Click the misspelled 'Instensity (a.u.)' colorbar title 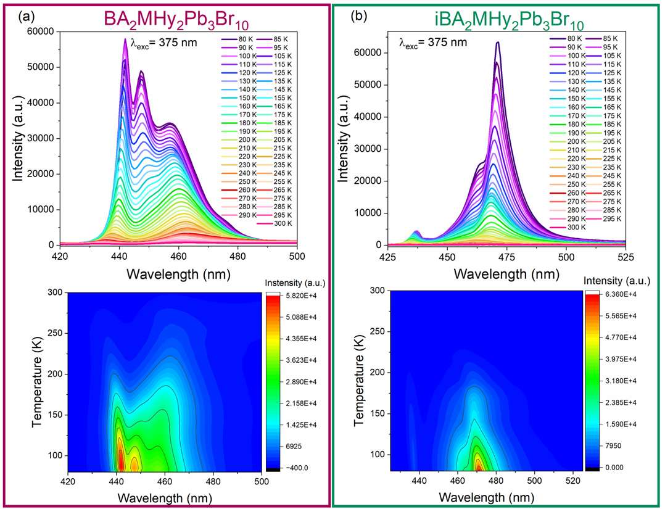(x=295, y=283)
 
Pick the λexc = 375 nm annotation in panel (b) (x=432, y=43)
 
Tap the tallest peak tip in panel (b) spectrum (x=497, y=42)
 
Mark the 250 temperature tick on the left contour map (x=54, y=333)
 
